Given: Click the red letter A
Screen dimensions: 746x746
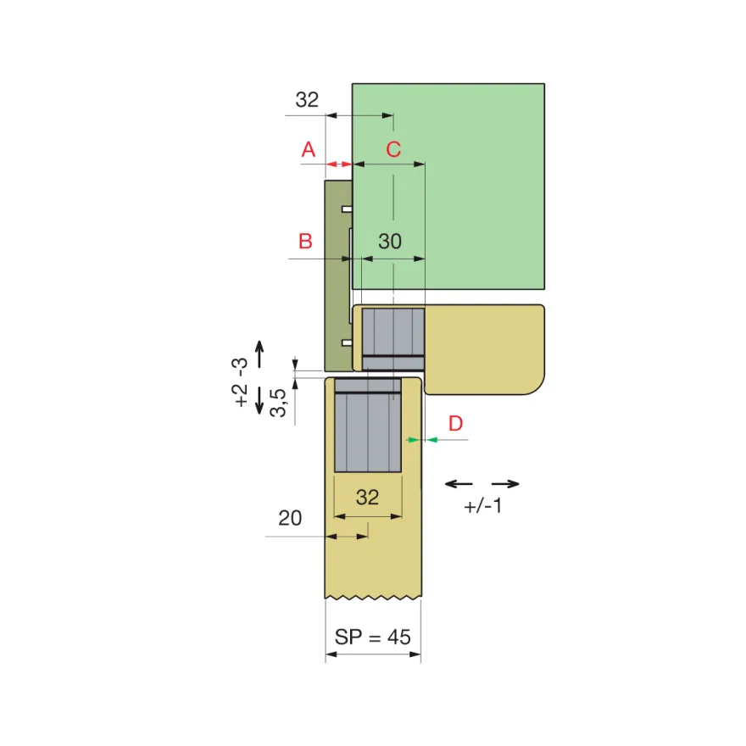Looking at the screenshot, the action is pos(309,149).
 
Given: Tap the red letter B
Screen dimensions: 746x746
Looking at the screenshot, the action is pos(305,242).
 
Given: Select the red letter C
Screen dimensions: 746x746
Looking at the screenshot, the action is pos(393,149).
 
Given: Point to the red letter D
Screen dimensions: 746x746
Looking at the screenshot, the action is pos(456,423).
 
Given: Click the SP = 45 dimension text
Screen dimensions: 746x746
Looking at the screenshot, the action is pos(372,637).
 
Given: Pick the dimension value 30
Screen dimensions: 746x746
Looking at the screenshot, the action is pos(390,242).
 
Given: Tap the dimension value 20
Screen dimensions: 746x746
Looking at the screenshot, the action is pos(290,518).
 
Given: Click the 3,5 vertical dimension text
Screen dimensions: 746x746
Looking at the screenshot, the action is pos(278,403).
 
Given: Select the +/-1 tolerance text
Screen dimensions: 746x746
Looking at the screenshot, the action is pos(483,506).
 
